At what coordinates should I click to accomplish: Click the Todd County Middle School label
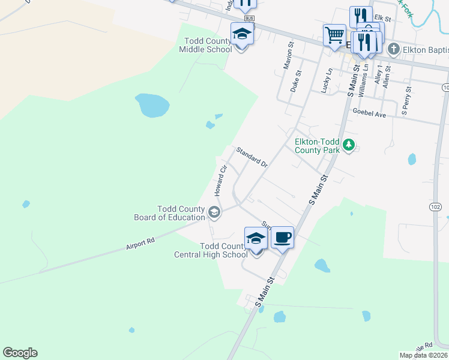[205, 45]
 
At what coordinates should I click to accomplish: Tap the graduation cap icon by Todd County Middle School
[241, 34]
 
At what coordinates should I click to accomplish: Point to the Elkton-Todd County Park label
[317, 146]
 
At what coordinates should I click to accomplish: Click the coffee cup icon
[282, 238]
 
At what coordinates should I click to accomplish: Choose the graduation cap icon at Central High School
[256, 238]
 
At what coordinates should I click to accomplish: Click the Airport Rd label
[140, 243]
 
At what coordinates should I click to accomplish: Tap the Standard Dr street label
[252, 157]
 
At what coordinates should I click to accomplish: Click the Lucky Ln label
[327, 80]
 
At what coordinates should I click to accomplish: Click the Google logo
[20, 353]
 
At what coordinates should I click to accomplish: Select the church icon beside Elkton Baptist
[393, 49]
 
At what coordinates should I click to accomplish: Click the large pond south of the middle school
[152, 106]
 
